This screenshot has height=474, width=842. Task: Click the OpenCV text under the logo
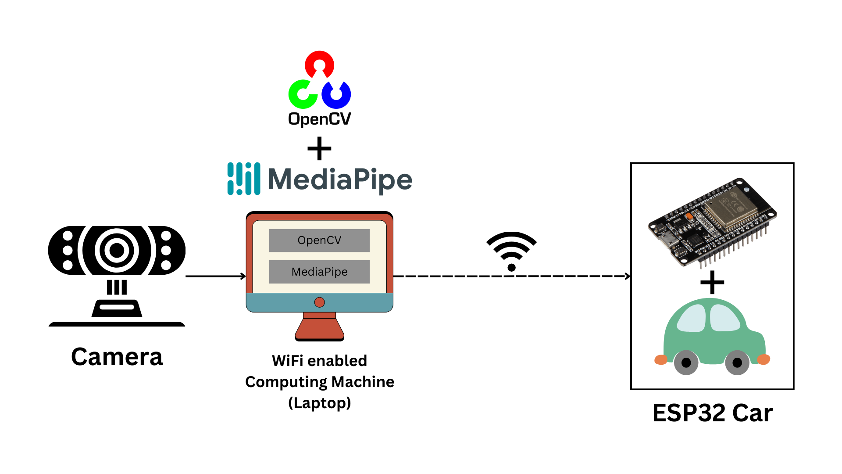[x=319, y=119]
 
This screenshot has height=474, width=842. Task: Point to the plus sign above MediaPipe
[x=319, y=148]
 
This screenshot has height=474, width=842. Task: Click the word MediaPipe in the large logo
[x=340, y=180]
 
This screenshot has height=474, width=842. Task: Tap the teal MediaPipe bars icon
[x=244, y=179]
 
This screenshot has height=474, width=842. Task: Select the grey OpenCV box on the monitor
[x=319, y=241]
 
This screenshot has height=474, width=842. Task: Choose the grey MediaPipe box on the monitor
[x=319, y=272]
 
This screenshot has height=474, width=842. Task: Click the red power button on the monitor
[x=319, y=302]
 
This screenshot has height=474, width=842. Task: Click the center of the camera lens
[x=117, y=250]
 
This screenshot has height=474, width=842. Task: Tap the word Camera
[x=117, y=357]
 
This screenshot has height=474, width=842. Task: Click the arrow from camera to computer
[x=215, y=276]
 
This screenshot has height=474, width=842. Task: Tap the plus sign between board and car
[x=712, y=282]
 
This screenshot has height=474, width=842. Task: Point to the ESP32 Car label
[x=712, y=413]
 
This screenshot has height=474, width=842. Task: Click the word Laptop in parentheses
[x=319, y=403]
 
